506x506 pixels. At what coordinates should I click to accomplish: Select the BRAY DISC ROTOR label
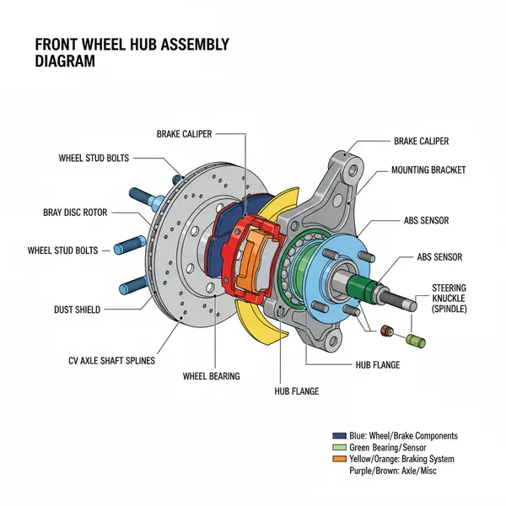(75, 213)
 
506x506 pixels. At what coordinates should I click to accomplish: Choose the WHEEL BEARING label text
(212, 375)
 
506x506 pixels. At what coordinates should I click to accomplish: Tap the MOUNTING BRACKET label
(428, 170)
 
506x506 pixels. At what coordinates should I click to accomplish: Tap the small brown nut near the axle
(389, 331)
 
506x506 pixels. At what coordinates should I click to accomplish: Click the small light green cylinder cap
(415, 341)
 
